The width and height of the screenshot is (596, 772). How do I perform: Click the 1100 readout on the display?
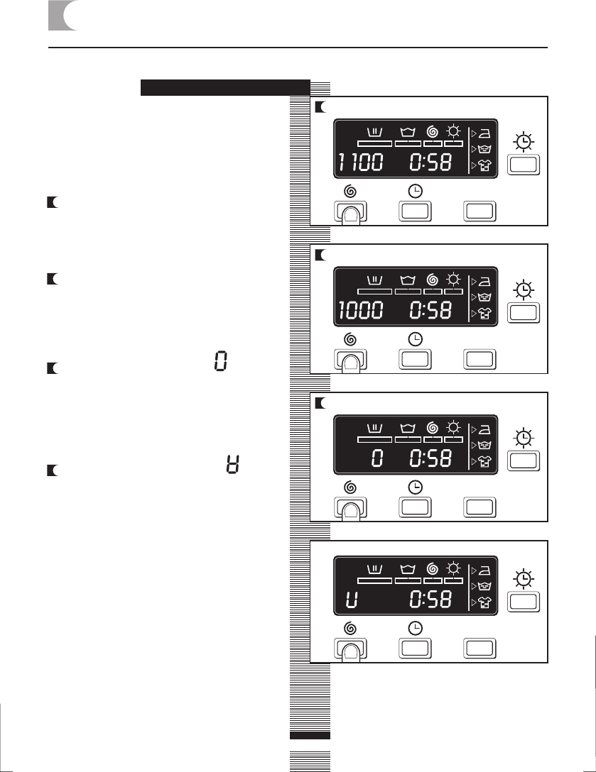coord(359,163)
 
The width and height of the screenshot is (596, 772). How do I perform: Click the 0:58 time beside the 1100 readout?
coord(431,163)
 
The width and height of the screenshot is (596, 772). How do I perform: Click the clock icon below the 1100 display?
coord(416,192)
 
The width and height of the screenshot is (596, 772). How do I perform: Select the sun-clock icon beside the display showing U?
coord(524,580)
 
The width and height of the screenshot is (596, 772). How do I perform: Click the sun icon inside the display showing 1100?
coord(453,131)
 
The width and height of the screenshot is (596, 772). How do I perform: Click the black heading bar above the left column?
coord(225,87)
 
